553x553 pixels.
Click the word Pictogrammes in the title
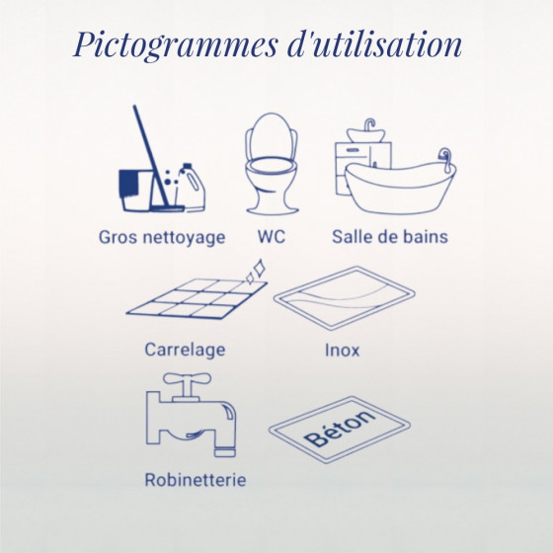click(176, 45)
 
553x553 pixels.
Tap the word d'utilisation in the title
click(374, 44)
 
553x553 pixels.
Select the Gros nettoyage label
click(162, 238)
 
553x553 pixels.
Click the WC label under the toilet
click(272, 236)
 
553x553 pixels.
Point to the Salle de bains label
click(390, 236)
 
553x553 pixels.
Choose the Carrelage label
click(185, 351)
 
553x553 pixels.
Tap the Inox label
click(342, 351)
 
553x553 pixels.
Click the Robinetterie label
click(196, 480)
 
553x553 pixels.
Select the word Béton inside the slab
click(340, 429)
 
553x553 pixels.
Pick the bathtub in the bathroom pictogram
click(400, 186)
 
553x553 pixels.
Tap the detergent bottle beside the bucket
click(191, 188)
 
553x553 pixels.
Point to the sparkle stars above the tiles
click(256, 272)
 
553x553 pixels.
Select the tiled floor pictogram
click(197, 299)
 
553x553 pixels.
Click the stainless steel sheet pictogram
click(345, 298)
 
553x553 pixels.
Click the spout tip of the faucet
click(225, 452)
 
